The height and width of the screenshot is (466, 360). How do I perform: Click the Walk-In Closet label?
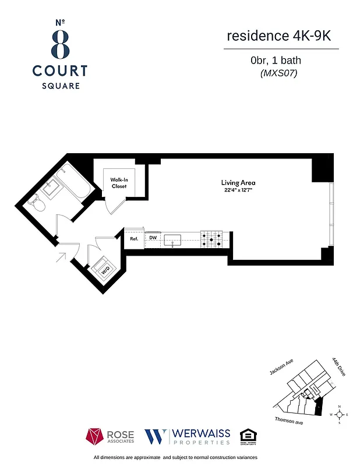pos(119,182)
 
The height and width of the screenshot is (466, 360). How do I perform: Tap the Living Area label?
pos(238,182)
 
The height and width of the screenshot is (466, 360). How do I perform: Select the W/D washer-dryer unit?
pos(106,270)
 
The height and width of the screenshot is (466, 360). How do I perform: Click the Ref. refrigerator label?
pos(133,238)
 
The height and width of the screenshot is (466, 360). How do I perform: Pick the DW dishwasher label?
pos(153,238)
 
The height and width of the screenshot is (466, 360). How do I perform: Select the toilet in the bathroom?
pos(37,202)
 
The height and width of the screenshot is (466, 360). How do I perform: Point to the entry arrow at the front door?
pos(62,256)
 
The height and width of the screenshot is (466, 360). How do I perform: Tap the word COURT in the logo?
pos(60,71)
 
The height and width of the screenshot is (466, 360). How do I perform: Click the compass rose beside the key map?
pos(339,414)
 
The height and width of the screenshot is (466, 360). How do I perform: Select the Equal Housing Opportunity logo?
pos(248,436)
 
